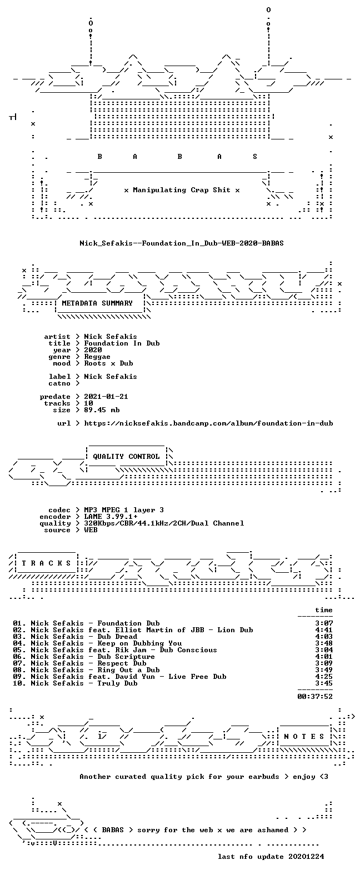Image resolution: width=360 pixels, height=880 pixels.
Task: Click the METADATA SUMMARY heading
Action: [97, 303]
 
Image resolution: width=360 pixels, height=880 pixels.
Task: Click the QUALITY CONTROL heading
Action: [126, 457]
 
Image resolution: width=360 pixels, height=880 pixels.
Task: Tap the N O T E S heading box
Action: [304, 737]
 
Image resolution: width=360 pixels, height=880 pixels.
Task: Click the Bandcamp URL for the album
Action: [209, 423]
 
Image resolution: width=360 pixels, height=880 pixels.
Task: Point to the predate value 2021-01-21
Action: [106, 397]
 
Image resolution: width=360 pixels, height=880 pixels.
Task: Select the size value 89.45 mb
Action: [102, 410]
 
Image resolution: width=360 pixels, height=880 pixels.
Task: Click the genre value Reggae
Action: [97, 357]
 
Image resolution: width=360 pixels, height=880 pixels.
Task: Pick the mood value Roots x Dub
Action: [108, 363]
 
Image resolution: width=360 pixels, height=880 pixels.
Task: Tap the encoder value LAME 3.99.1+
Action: [111, 517]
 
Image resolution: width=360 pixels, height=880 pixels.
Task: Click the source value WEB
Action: [91, 530]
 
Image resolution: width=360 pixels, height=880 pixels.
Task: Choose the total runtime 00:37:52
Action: [315, 697]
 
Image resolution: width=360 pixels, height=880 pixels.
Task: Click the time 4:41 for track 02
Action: [324, 630]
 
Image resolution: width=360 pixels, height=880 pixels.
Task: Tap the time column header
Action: [324, 610]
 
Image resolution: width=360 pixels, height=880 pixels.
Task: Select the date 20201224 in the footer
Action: [307, 857]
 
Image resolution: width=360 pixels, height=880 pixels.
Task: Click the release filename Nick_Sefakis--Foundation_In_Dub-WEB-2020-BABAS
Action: [182, 243]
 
